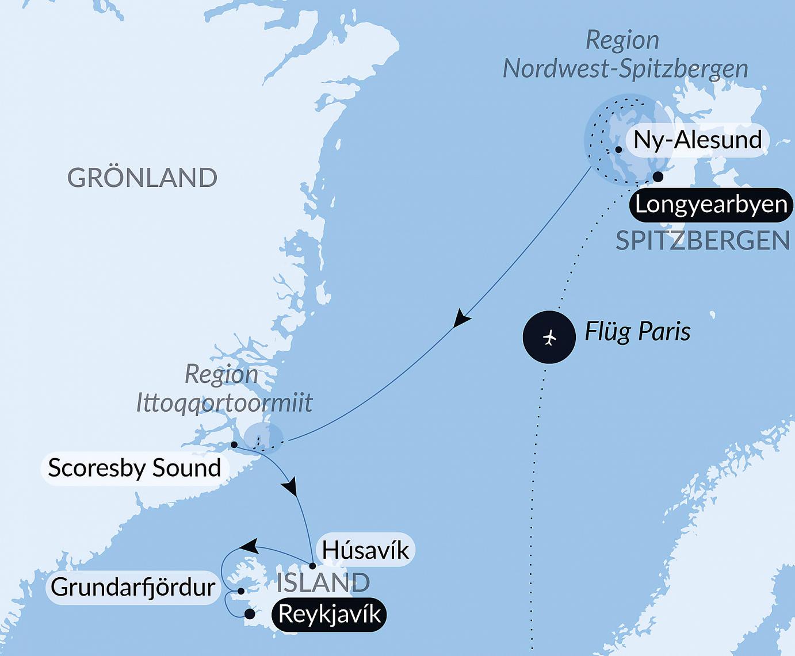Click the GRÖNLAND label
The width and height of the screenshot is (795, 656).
[x=142, y=178]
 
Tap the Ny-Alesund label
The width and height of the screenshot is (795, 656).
[x=697, y=140]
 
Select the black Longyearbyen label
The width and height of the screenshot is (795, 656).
[x=711, y=205]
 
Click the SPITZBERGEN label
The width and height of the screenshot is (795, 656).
[x=702, y=240]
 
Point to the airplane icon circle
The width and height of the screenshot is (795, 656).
[x=549, y=337]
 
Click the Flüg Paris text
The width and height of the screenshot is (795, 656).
[x=637, y=332]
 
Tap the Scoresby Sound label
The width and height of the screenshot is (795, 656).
[x=135, y=468]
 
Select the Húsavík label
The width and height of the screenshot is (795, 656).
[x=365, y=550]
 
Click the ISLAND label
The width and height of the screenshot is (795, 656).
[x=323, y=582]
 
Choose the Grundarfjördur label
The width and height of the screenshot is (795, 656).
[x=133, y=587]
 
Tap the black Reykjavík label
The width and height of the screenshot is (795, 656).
[x=329, y=615]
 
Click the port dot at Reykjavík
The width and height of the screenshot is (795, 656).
[x=250, y=614]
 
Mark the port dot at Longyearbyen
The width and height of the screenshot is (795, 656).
[x=658, y=177]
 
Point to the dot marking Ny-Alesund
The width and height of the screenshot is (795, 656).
[x=618, y=149]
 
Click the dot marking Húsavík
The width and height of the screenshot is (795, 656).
[x=312, y=566]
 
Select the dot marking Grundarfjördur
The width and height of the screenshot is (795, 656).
[x=241, y=590]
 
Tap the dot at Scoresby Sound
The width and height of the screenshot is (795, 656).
[x=234, y=444]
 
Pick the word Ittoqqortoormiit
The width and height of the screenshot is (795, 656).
[x=224, y=402]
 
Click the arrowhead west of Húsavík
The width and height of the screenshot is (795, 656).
[x=248, y=546]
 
